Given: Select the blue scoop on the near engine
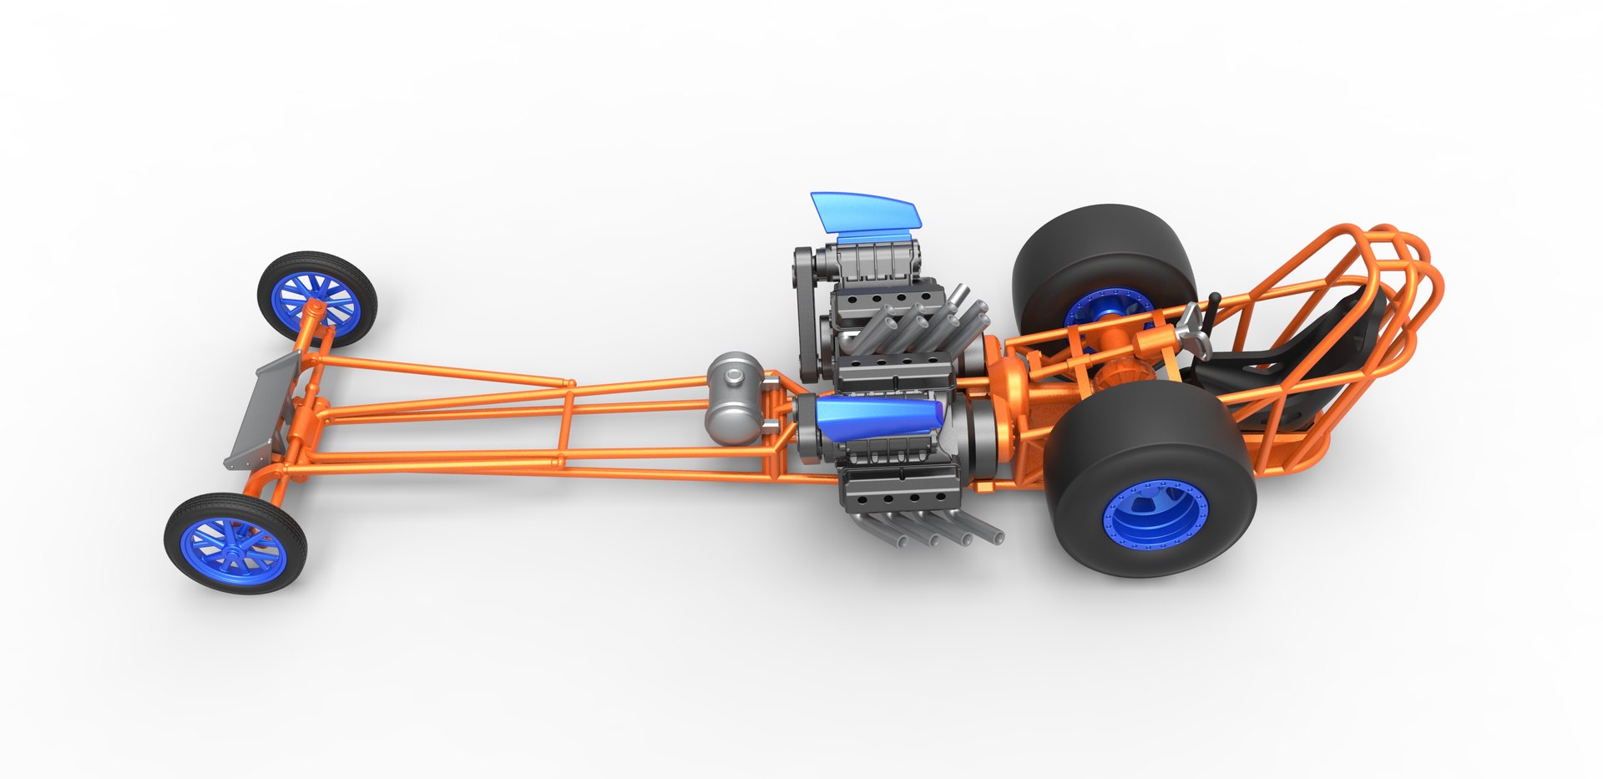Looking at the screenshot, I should pyautogui.click(x=877, y=415).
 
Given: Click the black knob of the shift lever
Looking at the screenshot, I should pyautogui.click(x=1216, y=298).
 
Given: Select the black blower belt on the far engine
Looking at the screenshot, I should pyautogui.click(x=807, y=317).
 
